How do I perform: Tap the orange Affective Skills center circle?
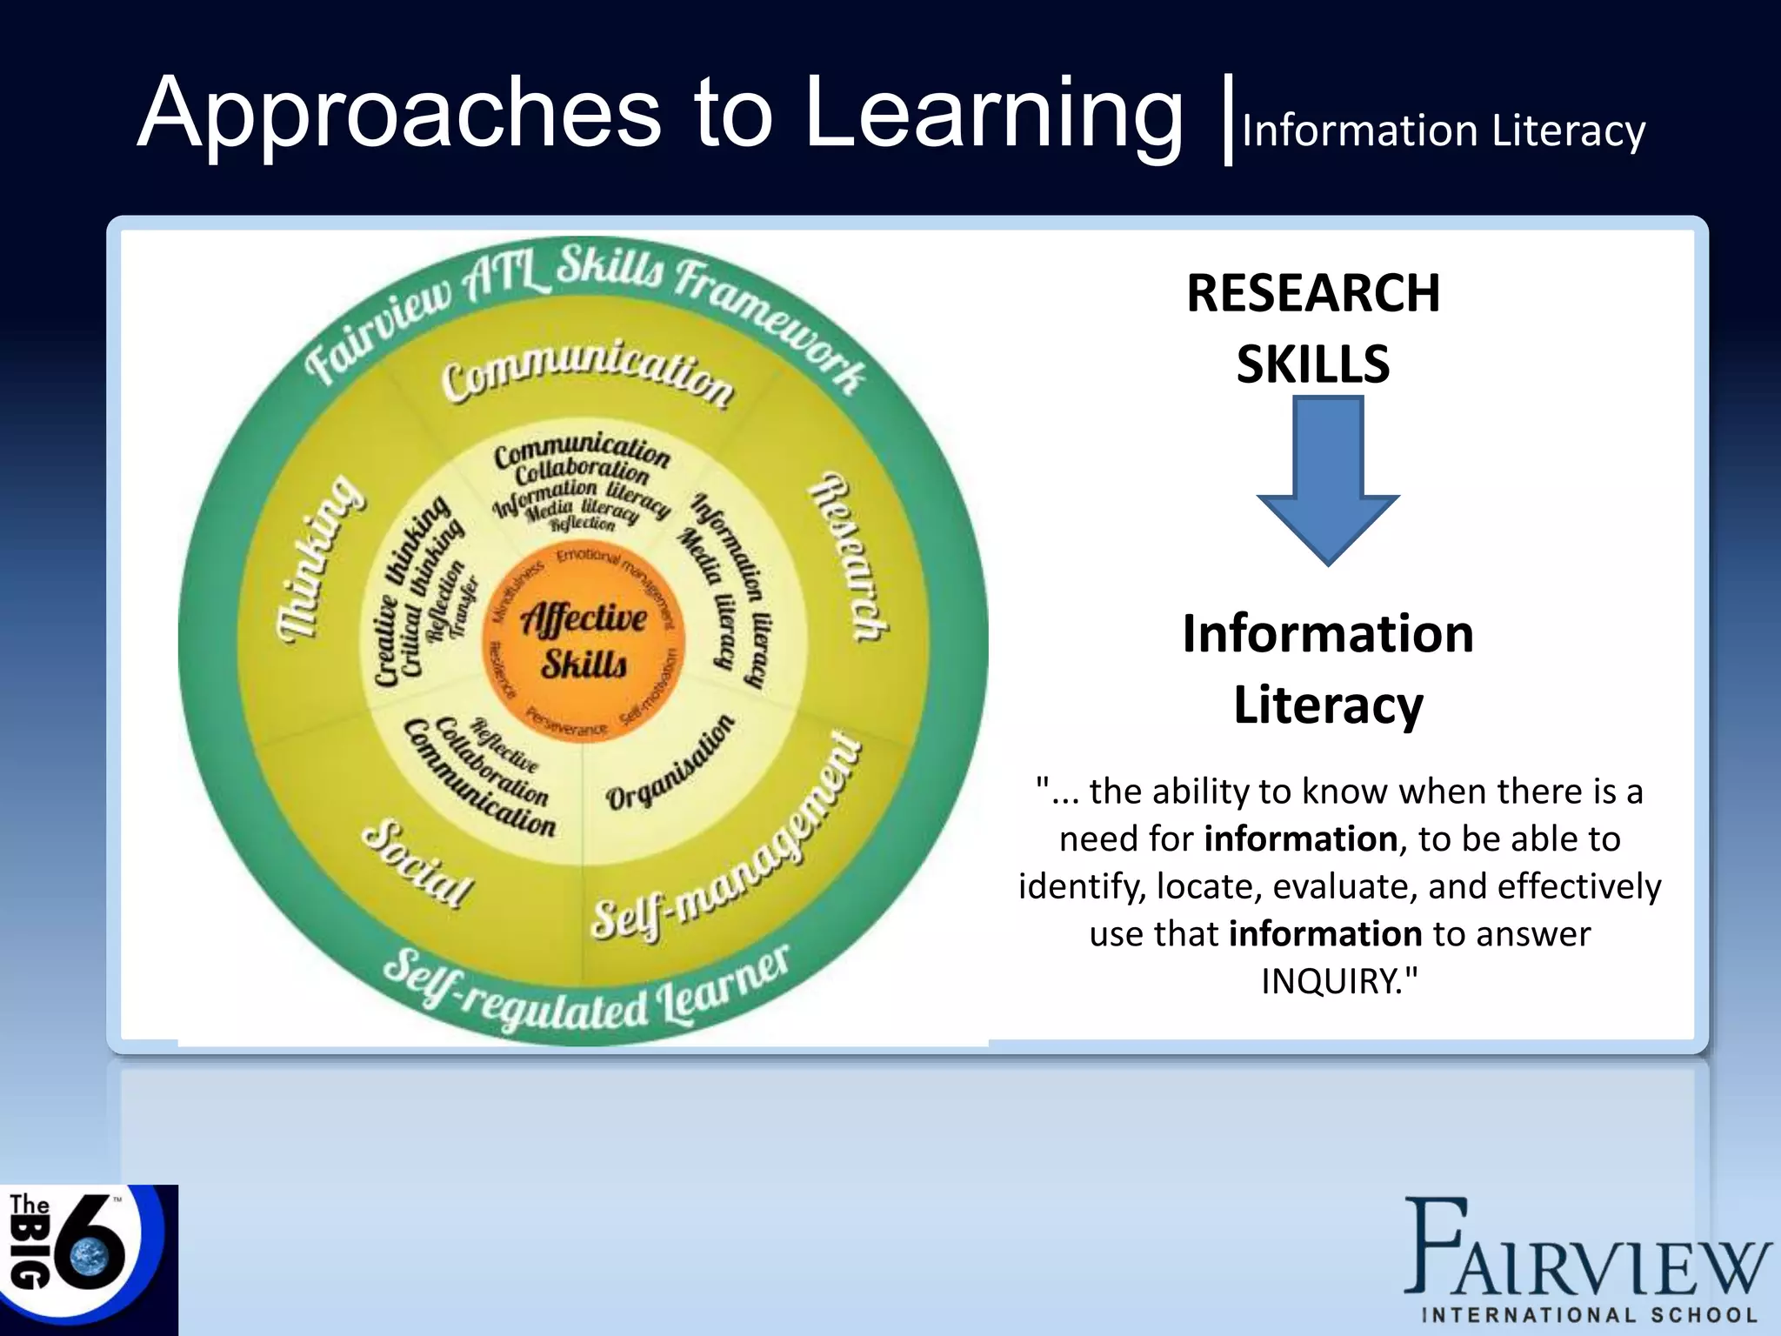point(584,641)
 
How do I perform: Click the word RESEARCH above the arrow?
point(1313,293)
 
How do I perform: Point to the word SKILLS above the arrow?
point(1313,364)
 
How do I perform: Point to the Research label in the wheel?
point(848,558)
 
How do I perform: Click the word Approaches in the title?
point(400,113)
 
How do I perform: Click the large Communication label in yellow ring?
point(588,374)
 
